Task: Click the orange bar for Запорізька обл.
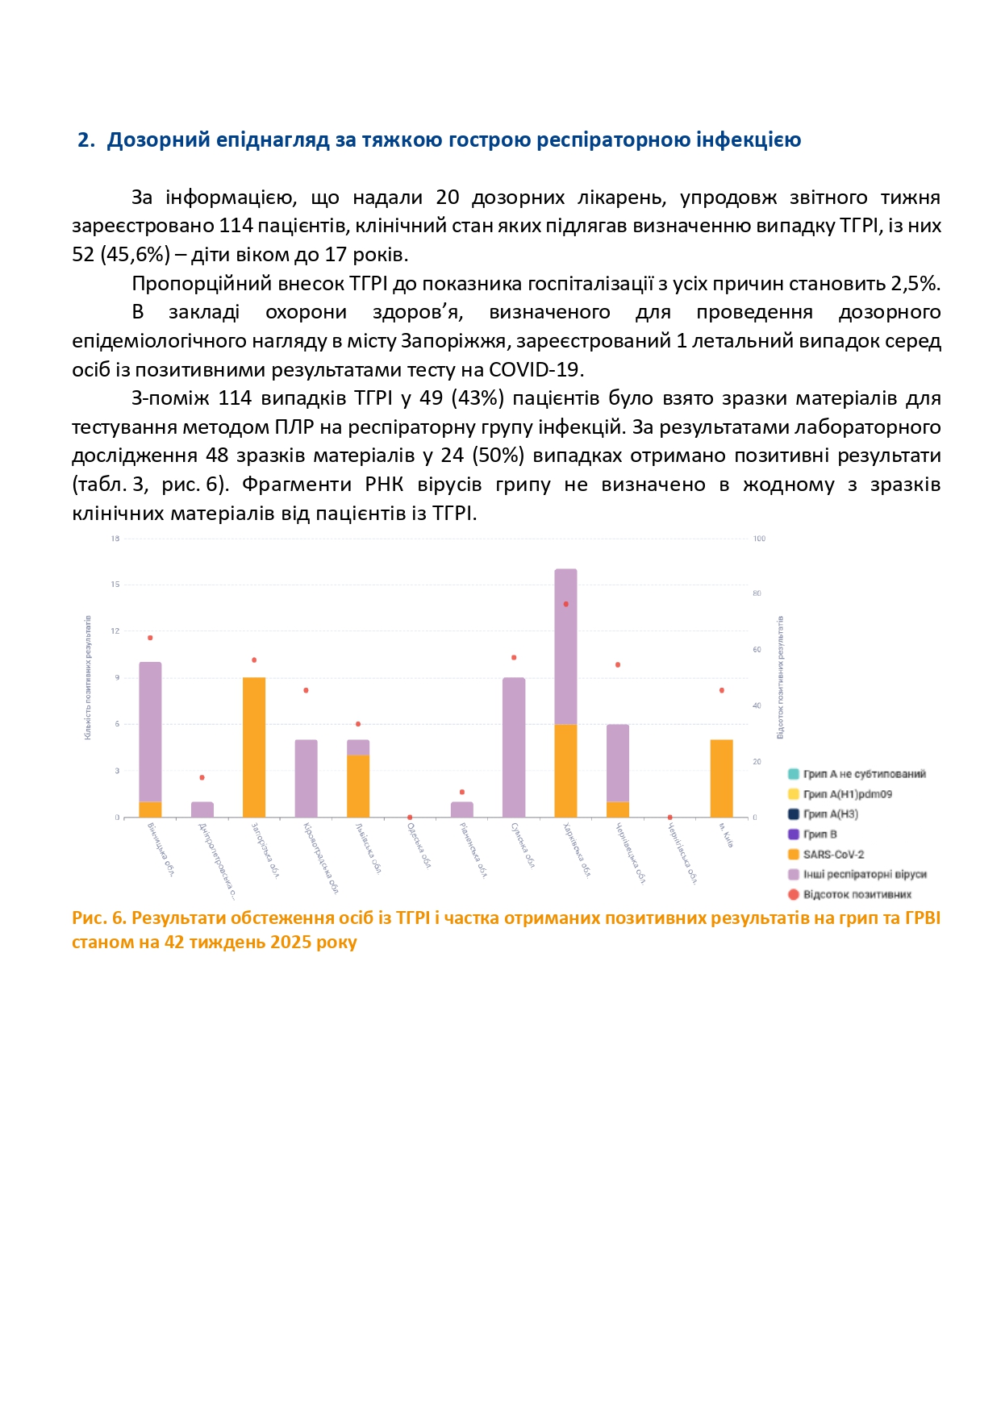(254, 747)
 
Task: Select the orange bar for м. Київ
(721, 778)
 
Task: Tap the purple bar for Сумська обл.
(514, 747)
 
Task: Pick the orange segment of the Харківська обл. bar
(565, 771)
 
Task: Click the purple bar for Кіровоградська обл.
(306, 778)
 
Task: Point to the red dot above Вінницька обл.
(150, 638)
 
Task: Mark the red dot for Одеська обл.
(410, 817)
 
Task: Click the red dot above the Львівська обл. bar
(358, 724)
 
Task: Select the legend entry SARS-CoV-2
(833, 855)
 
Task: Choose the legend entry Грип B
(820, 834)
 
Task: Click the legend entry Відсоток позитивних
(857, 894)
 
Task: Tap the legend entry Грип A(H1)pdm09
(847, 794)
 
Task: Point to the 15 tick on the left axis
(115, 585)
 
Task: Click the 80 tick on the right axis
(757, 593)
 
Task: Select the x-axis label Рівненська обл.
(473, 850)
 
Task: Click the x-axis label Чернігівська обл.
(682, 854)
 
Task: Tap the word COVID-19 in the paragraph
(535, 370)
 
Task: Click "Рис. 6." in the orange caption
(99, 918)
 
